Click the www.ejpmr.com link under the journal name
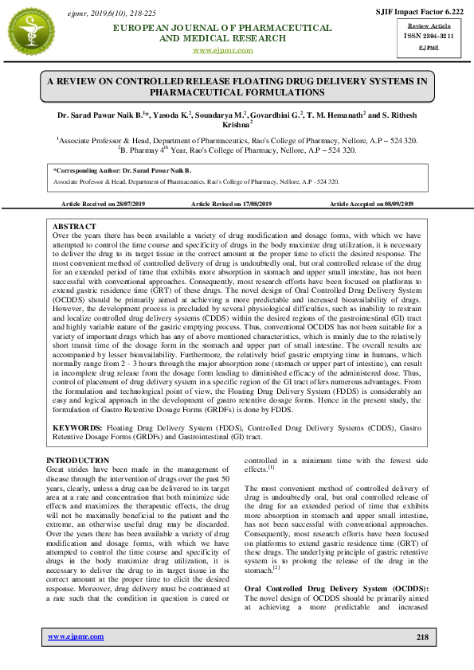(223, 50)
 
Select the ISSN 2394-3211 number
(421, 36)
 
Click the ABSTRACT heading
(74, 228)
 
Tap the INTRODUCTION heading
(78, 461)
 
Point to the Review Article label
(421, 26)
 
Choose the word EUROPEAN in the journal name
(147, 28)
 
